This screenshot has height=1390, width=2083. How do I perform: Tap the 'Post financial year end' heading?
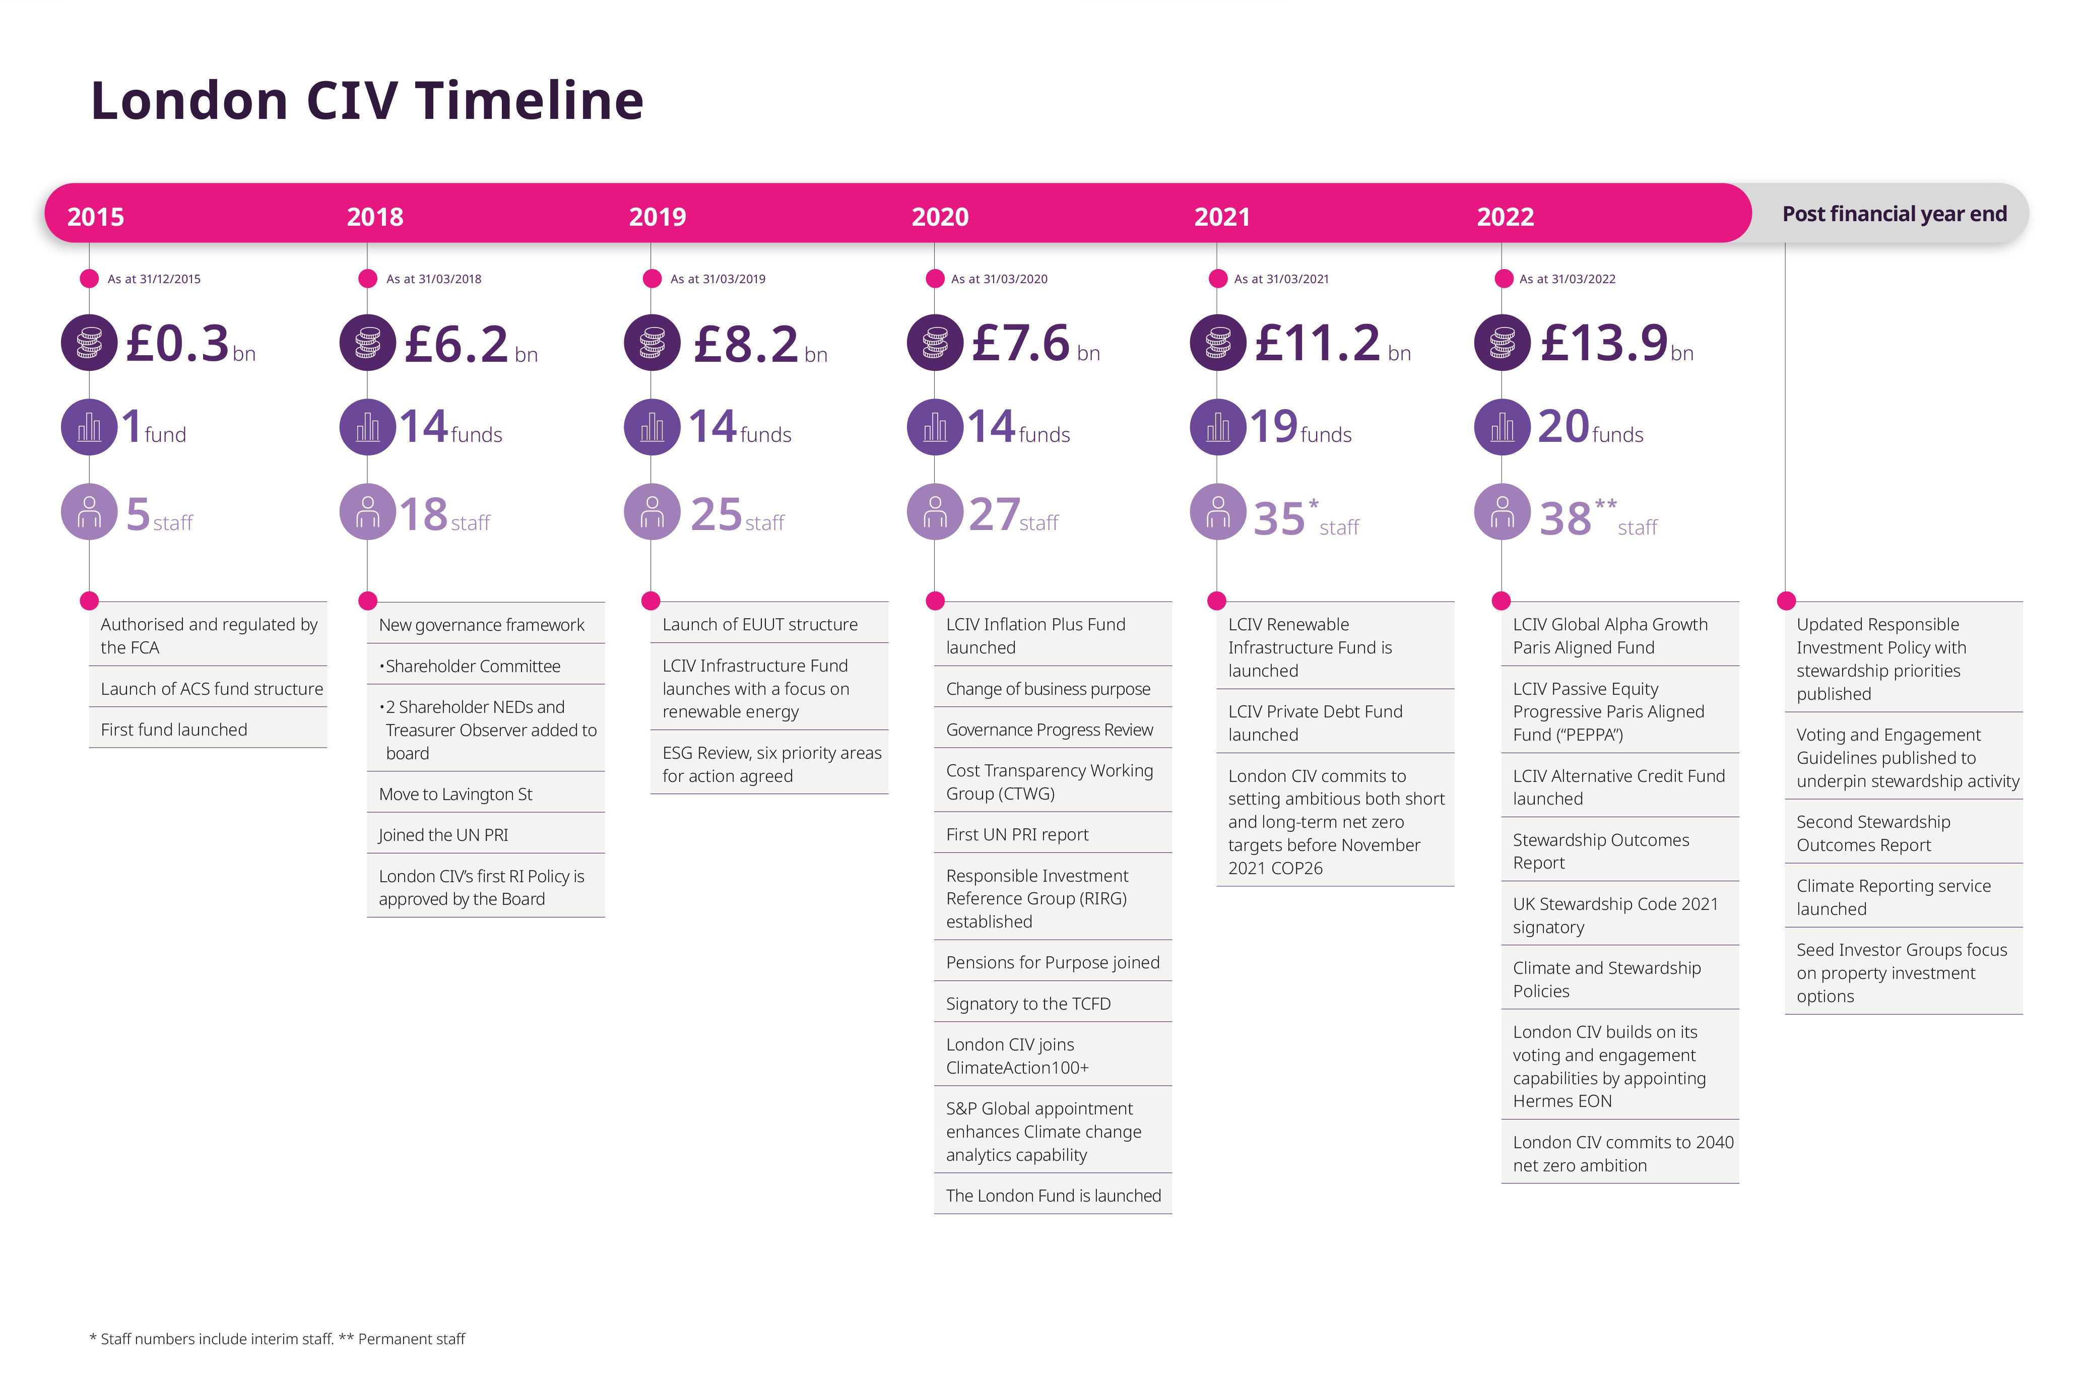(x=1894, y=215)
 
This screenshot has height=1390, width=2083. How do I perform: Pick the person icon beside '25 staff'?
(x=653, y=512)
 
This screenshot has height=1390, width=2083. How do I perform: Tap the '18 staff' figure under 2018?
(x=444, y=515)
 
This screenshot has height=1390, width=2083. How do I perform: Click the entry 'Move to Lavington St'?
(x=455, y=795)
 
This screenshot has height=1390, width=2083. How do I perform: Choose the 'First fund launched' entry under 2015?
(x=174, y=730)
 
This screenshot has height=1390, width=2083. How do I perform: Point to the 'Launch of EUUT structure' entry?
(x=760, y=624)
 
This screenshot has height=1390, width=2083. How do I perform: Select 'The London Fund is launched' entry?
(x=1053, y=1196)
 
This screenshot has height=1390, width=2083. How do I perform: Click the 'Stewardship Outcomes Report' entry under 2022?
(x=1601, y=851)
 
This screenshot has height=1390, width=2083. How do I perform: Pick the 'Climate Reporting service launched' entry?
(x=1894, y=897)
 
